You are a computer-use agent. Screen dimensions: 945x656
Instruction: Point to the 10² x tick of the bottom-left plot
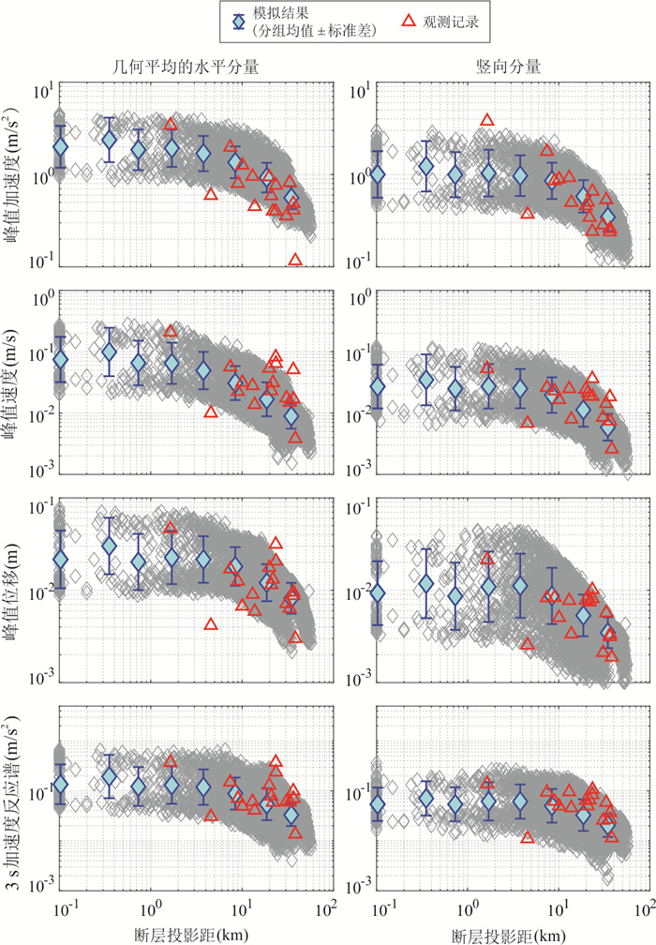click(327, 907)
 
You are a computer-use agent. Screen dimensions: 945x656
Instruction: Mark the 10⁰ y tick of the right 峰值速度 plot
click(356, 298)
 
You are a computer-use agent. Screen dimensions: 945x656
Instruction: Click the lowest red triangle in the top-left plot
click(296, 260)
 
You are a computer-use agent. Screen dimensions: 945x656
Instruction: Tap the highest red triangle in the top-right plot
click(487, 120)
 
